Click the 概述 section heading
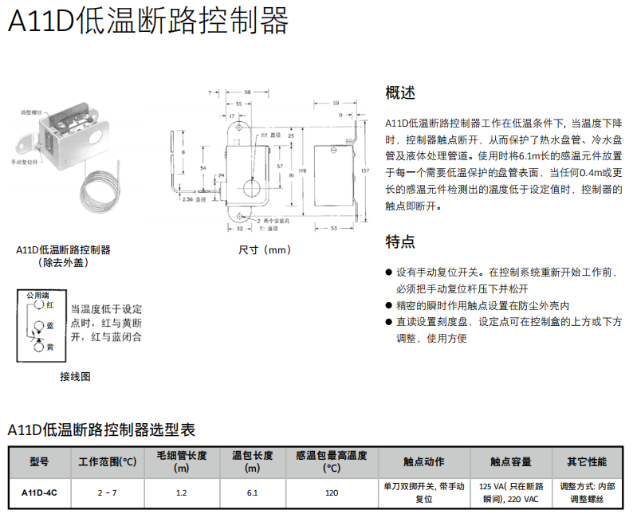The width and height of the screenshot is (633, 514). tap(400, 92)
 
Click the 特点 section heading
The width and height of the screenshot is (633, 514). tap(400, 241)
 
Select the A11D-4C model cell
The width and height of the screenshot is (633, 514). tap(39, 492)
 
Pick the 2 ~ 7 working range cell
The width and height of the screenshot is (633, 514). tap(108, 492)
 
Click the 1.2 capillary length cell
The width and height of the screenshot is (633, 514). tap(182, 492)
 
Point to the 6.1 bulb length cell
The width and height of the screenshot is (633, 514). tap(252, 492)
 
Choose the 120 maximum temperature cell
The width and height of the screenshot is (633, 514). tap(332, 492)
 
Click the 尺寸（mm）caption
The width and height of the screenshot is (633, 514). tap(266, 249)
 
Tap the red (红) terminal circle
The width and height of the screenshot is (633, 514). tap(37, 305)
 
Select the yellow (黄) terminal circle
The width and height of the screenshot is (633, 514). tap(37, 347)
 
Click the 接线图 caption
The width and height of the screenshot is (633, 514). tap(75, 376)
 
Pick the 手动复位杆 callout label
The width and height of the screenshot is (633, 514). tap(25, 162)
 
